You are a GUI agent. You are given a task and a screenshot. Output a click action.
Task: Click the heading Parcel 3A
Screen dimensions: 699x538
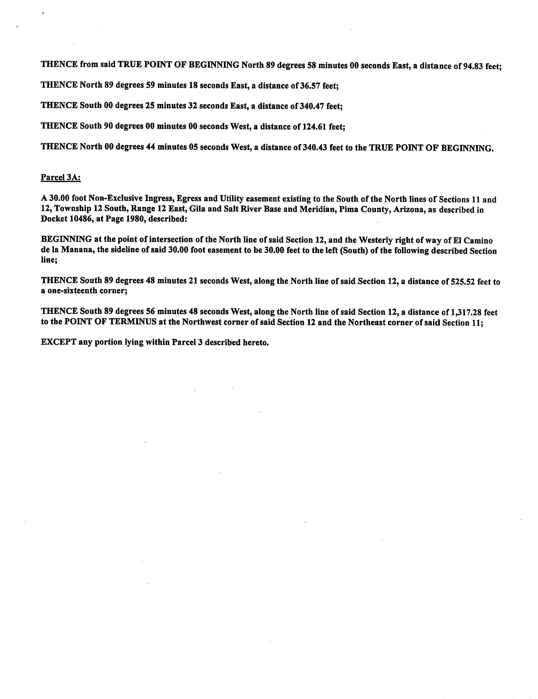[x=60, y=177]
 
